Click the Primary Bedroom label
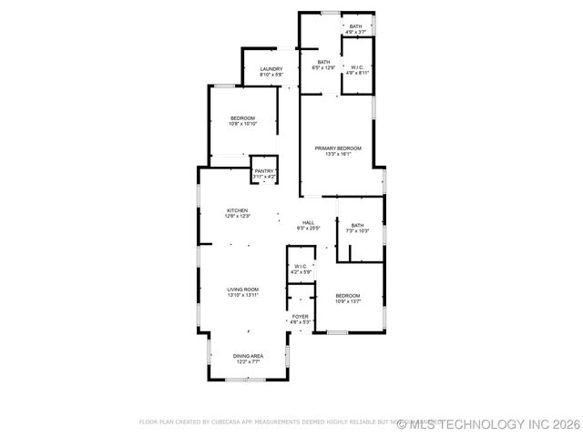(x=338, y=148)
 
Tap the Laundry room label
(x=271, y=69)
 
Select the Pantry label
(x=264, y=171)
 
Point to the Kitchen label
(x=238, y=210)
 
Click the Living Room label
(x=243, y=290)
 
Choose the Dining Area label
(x=248, y=356)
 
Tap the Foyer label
(x=300, y=317)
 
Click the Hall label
(x=309, y=223)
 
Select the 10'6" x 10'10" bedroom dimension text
(x=243, y=124)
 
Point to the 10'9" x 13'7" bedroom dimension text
(x=348, y=301)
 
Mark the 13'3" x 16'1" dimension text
(x=338, y=154)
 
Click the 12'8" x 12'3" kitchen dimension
(x=238, y=216)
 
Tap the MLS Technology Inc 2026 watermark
(x=488, y=423)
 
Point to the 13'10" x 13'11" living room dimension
(x=243, y=295)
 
